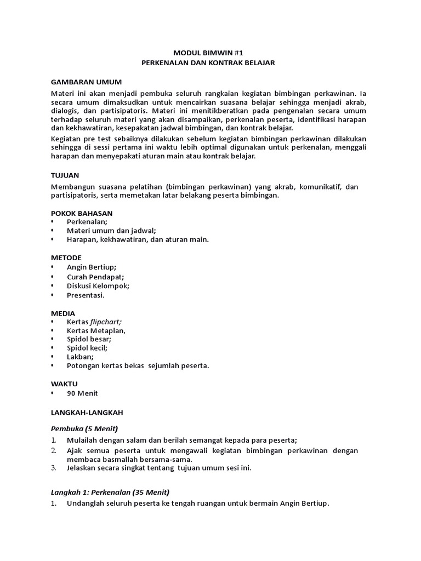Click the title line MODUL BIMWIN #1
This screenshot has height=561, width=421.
click(208, 53)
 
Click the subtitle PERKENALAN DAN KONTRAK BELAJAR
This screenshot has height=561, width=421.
click(208, 63)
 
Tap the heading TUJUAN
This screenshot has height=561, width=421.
click(65, 176)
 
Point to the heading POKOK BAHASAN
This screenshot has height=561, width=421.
click(82, 213)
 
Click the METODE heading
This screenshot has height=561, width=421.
click(66, 257)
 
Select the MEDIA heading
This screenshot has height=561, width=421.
click(63, 313)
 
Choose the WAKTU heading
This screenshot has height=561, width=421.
click(64, 383)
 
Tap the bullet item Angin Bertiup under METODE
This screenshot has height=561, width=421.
click(92, 267)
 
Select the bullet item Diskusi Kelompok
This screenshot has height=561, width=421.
click(98, 285)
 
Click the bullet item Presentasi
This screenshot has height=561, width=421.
click(85, 295)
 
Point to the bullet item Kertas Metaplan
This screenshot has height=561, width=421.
click(96, 331)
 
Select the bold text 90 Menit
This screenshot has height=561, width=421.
click(82, 393)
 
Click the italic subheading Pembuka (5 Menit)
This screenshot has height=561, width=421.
click(85, 428)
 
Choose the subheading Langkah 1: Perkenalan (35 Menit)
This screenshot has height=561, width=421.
click(110, 491)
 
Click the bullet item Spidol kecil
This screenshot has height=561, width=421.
click(87, 347)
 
